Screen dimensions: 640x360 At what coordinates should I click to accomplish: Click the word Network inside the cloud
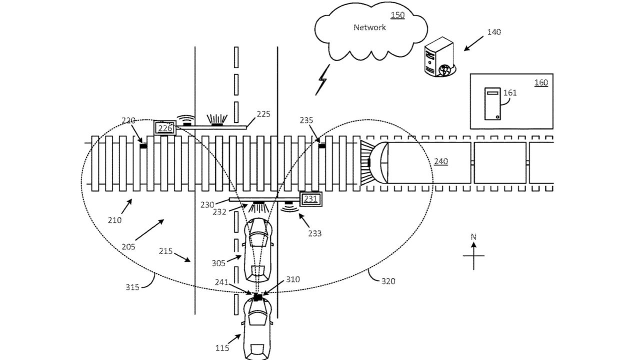tap(369, 27)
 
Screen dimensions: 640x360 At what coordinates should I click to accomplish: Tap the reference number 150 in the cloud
tap(397, 15)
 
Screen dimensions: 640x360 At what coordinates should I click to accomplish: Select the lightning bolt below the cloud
tap(322, 79)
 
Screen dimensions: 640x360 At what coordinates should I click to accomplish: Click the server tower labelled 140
tap(439, 57)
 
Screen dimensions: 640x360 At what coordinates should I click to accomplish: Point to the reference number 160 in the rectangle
tap(541, 83)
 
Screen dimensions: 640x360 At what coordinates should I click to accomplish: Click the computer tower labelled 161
tap(492, 103)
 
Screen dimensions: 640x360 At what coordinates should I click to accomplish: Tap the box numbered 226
tap(165, 128)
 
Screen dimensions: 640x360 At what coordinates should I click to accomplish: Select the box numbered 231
tap(310, 199)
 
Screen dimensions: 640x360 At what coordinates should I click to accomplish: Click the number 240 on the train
tap(441, 161)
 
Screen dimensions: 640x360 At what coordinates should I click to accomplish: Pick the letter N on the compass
tap(473, 237)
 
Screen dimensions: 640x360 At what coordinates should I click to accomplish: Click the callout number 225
tap(263, 114)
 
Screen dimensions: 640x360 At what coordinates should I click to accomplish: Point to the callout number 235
tap(306, 120)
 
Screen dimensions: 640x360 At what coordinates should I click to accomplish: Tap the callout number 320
tap(388, 281)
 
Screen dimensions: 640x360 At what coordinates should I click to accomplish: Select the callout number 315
tap(132, 287)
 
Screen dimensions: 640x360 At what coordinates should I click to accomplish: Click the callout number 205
tap(128, 247)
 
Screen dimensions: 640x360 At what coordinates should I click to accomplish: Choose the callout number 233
tap(314, 233)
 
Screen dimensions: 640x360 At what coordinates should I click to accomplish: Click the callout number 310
tap(293, 279)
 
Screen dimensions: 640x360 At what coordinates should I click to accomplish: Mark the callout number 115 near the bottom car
tap(222, 348)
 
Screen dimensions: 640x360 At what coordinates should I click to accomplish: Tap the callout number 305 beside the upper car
tap(218, 263)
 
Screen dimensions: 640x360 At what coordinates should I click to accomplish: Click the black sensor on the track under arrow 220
tap(143, 146)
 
